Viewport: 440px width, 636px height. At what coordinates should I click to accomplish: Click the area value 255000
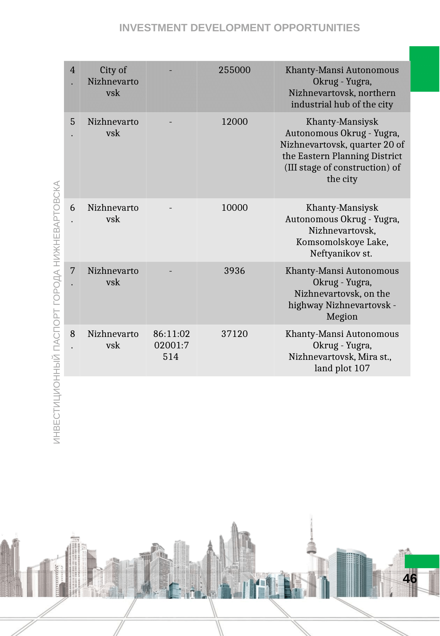coord(234,70)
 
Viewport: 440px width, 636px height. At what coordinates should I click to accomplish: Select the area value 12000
coord(234,122)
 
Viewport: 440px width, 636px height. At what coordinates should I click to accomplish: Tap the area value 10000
coord(234,208)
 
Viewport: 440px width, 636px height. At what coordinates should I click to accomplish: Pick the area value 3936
coord(234,271)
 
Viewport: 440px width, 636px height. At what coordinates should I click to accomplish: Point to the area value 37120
coord(234,334)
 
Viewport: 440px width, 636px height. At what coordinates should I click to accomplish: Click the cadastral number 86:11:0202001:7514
coord(171,345)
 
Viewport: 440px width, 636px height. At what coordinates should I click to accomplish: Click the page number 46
coord(410,578)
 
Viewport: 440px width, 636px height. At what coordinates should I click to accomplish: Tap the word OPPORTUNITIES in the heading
coord(317,28)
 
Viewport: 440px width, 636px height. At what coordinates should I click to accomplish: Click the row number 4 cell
coord(72,76)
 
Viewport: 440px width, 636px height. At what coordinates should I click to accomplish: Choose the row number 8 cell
coord(72,340)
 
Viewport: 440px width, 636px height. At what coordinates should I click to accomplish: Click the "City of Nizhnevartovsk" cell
coord(113,82)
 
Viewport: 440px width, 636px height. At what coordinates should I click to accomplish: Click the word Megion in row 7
coord(342,317)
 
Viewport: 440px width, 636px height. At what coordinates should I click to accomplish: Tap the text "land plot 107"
coord(342,368)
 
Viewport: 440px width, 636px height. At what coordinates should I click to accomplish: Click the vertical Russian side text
coord(57,312)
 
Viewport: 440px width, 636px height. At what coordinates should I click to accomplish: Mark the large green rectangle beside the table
coord(424,69)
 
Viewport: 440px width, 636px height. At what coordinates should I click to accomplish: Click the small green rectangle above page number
coord(422,561)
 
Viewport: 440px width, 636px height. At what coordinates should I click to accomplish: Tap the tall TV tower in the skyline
coord(311,543)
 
